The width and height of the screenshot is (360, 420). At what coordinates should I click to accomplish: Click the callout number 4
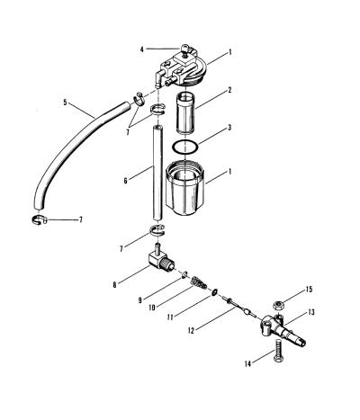tap(142, 49)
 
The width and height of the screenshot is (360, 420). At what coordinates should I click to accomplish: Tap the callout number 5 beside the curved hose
tap(66, 103)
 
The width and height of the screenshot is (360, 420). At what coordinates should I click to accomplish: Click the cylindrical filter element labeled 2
tap(184, 112)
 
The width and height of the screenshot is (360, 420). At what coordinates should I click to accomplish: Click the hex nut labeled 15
tap(279, 306)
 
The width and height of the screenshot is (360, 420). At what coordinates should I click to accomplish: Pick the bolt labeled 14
tap(279, 351)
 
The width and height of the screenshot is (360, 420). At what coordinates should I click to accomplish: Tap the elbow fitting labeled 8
tap(161, 259)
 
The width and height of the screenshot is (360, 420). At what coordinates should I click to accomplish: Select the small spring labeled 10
tap(199, 282)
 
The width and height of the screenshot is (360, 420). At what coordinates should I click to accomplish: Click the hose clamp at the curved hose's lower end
tap(39, 219)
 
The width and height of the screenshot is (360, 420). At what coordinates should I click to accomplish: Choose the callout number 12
tap(191, 330)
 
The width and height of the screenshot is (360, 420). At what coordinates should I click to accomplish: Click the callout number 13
tap(311, 312)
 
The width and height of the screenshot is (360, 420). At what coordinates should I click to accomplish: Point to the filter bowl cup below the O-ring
tap(184, 188)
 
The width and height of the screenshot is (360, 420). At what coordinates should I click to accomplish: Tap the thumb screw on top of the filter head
tap(186, 49)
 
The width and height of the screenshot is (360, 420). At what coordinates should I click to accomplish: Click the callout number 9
tap(140, 300)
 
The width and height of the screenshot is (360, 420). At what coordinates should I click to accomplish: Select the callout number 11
tap(170, 317)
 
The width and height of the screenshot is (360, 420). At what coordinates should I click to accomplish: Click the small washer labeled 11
tap(215, 291)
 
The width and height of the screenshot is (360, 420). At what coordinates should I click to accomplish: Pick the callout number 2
tap(229, 90)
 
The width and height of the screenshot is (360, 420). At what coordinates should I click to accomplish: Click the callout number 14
tap(247, 364)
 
